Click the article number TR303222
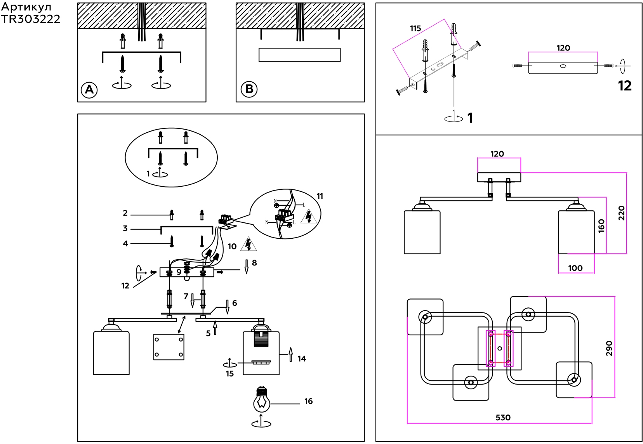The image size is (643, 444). coord(31,19)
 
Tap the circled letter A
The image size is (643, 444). coord(89,90)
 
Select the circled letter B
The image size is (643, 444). coord(249,89)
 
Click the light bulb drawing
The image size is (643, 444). coord(262,400)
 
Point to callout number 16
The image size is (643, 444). coord(308,401)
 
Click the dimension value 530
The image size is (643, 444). coord(503,418)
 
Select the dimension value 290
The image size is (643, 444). coord(609,348)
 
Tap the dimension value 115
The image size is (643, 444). coord(415,28)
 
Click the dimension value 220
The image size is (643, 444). coord(622,213)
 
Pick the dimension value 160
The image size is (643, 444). coord(601,226)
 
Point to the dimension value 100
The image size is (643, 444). coord(575,268)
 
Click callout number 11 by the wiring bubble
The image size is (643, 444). coord(320,196)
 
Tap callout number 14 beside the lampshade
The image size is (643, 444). coord(302,359)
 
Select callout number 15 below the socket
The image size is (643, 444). coord(230,374)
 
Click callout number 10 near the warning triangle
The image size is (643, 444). coord(232,246)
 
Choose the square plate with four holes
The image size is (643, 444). coord(169,347)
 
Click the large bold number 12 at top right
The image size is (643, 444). coord(624,86)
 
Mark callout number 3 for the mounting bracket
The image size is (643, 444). coord(125,229)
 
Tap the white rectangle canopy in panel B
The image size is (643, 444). coord(299,55)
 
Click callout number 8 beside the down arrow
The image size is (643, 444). coord(254,263)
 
